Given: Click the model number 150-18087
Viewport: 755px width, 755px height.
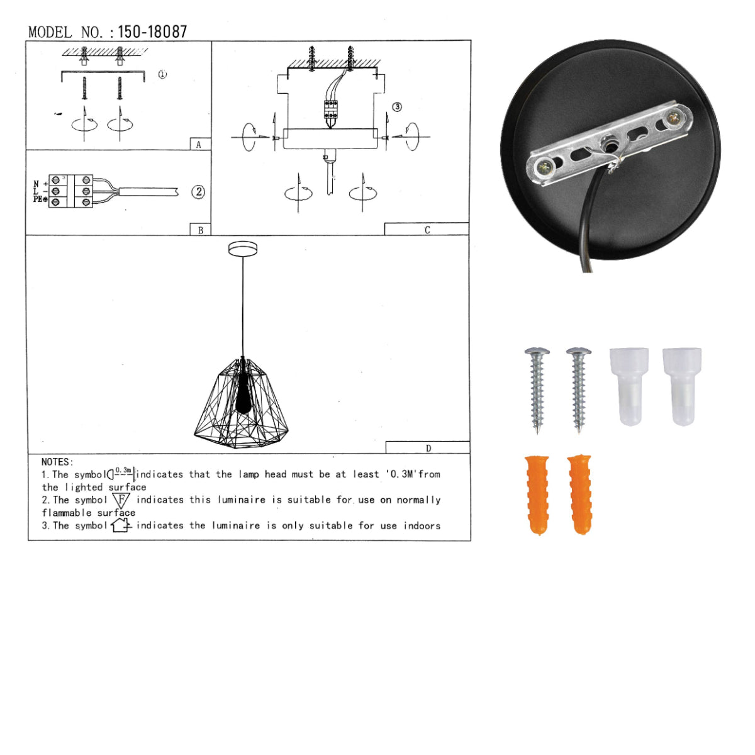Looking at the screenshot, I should [x=152, y=32].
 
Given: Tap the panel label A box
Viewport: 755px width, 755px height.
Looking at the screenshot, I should [x=199, y=144].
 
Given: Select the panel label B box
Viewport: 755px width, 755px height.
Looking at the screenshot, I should [x=200, y=230].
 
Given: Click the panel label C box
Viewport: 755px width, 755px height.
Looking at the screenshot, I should [x=427, y=229].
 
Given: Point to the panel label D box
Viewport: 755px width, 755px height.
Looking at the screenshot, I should [x=428, y=447].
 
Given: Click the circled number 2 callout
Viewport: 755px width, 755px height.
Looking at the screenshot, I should [x=198, y=192].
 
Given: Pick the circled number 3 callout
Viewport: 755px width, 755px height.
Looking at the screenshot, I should [x=397, y=107].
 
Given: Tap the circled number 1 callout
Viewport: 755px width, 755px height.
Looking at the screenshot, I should [x=162, y=74].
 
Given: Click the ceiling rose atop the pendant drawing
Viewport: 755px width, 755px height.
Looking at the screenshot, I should [x=243, y=249].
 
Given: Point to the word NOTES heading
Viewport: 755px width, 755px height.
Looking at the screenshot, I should [x=57, y=462].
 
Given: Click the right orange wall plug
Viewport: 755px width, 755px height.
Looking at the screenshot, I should [x=579, y=494].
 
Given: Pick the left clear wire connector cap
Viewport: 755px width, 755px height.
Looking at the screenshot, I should [x=630, y=386].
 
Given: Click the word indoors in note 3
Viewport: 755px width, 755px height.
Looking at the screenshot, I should [x=422, y=525].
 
